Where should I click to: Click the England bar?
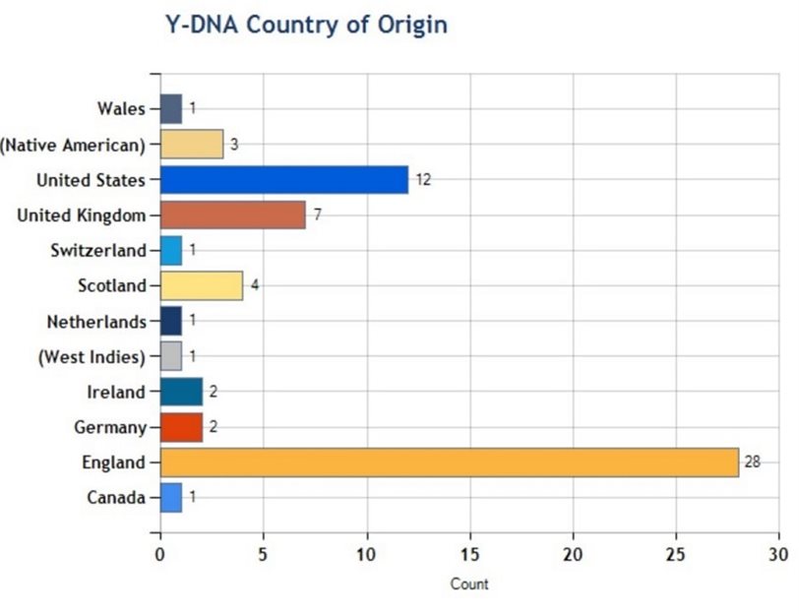coord(449,462)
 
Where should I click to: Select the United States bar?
coord(283,180)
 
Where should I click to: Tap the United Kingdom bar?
coord(232,215)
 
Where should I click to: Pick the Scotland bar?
coord(201,286)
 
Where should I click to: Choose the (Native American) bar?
coord(191,145)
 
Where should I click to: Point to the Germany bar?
coord(181,427)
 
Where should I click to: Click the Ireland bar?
coord(181,392)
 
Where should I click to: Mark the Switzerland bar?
coord(171,251)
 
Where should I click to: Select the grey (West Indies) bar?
coord(171,356)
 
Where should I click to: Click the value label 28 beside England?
coord(752,462)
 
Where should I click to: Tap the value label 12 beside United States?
coord(423,180)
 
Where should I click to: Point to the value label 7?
coord(317,215)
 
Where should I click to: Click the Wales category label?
coord(121,109)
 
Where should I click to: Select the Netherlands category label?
coord(96,322)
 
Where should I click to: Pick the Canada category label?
coord(116,498)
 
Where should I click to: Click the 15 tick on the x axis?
coord(470,554)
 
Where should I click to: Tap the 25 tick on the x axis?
coord(676,554)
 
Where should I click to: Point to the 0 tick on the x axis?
coord(160,554)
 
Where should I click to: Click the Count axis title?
coord(469,584)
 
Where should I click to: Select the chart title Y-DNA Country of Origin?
coord(305,25)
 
